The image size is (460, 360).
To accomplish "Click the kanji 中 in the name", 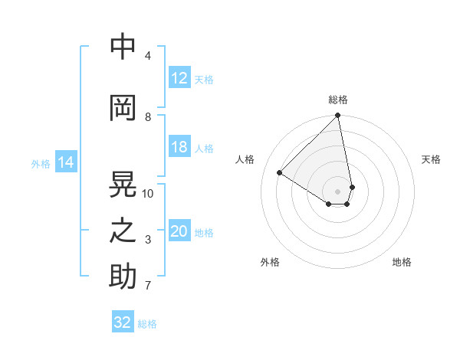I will (123, 47).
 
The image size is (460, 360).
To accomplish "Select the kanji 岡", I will (123, 108).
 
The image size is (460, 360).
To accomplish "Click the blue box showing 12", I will (179, 77).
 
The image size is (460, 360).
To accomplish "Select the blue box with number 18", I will (179, 147).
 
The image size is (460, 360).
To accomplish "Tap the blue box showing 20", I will (179, 231).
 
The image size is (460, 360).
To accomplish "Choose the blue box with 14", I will (66, 162).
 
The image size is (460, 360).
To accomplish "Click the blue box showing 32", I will (123, 322).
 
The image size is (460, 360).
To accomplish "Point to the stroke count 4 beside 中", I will (148, 55).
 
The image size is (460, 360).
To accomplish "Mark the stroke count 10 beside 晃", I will (148, 193).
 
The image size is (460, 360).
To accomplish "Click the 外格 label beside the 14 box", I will (41, 163).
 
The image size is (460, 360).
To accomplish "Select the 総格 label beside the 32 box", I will (147, 323).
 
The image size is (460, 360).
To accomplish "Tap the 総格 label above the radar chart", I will (338, 100).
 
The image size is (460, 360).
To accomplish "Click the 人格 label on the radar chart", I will (245, 159).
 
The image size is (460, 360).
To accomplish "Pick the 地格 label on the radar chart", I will (402, 262).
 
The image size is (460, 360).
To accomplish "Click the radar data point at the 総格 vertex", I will (338, 116).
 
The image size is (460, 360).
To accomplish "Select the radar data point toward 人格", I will (280, 172).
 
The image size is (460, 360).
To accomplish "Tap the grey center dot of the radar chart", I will (338, 191).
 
